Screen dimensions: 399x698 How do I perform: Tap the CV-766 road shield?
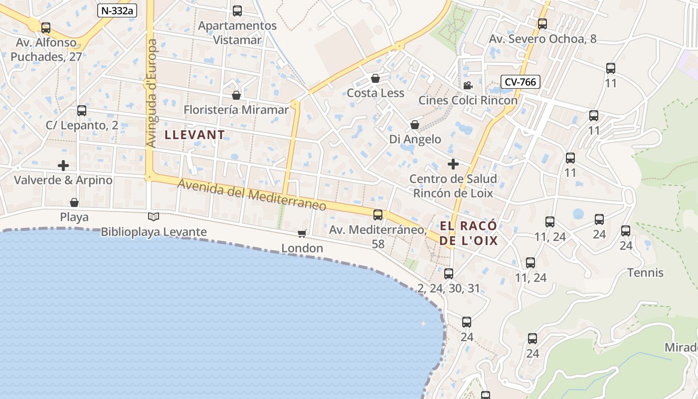(x=521, y=82)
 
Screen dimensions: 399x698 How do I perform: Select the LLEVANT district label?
(x=195, y=135)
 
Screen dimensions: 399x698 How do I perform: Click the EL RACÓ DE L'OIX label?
(x=469, y=233)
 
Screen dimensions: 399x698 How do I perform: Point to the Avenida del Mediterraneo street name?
(x=252, y=195)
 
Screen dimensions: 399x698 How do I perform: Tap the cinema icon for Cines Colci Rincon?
(x=468, y=86)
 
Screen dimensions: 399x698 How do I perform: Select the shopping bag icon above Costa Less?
(x=375, y=78)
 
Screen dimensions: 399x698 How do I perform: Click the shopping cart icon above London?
(x=302, y=233)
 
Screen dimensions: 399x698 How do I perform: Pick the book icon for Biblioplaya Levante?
(x=154, y=217)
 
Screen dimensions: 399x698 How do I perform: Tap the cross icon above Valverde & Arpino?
(x=63, y=165)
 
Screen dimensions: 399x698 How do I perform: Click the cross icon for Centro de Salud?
(x=453, y=164)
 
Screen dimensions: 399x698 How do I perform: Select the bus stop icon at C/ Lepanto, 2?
(x=82, y=111)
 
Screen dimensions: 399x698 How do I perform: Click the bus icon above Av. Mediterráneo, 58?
(x=378, y=215)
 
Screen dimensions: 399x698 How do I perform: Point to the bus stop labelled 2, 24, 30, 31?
(x=449, y=274)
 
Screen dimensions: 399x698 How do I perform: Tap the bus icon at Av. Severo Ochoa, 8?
(x=542, y=23)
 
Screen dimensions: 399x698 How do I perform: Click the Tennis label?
(x=645, y=273)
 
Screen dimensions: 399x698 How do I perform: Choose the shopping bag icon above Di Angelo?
(x=415, y=125)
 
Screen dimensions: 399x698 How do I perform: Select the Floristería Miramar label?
(x=236, y=110)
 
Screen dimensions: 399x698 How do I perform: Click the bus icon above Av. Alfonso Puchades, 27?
(x=46, y=28)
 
